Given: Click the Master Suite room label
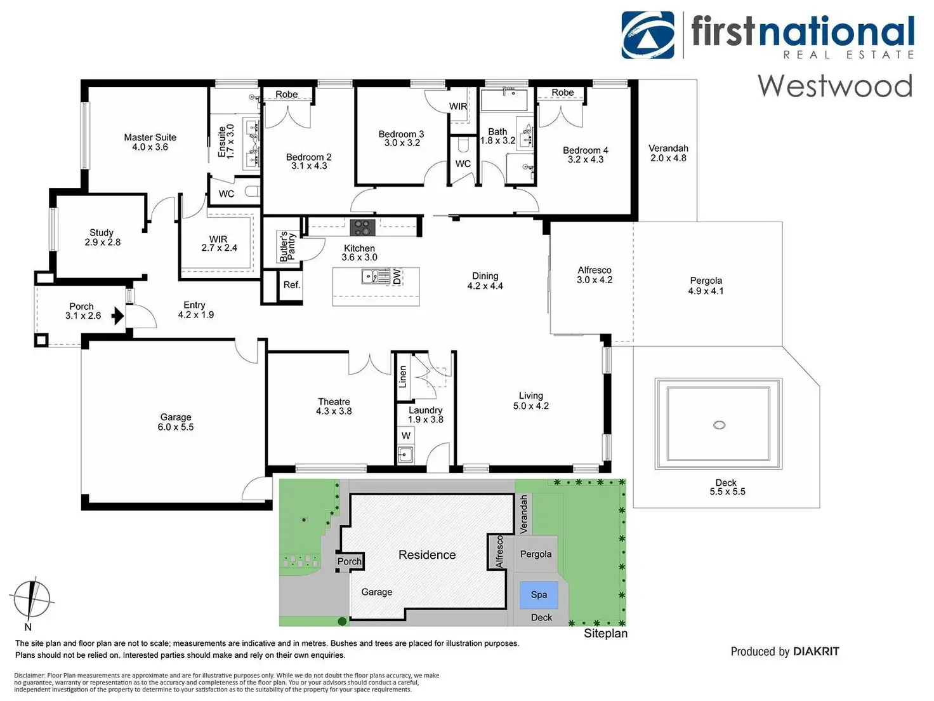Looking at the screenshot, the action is (x=150, y=137).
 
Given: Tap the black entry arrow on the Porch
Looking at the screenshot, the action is (x=117, y=316).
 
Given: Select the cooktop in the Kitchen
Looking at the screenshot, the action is (x=363, y=227).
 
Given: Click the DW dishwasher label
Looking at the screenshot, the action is (x=397, y=277).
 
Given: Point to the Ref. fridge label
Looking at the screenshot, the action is (x=292, y=284).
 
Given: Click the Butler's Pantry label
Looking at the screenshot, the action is (x=287, y=246).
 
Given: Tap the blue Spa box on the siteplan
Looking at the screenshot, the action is (x=539, y=595).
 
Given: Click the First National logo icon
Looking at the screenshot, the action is (x=648, y=35).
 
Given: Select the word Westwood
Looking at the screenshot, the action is (x=835, y=86).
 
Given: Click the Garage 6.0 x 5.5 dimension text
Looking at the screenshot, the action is (x=176, y=427).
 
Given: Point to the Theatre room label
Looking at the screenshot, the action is (x=334, y=401).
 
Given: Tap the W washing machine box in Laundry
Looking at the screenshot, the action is (x=406, y=436).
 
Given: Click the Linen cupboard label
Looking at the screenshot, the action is (x=402, y=377).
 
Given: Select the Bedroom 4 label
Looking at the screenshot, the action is (x=585, y=150).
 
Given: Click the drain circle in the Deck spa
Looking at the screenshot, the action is (x=719, y=425).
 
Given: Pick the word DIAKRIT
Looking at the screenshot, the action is (x=816, y=651).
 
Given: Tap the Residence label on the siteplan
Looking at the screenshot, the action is (x=427, y=555).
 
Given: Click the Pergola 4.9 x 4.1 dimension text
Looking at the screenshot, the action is (x=706, y=291).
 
